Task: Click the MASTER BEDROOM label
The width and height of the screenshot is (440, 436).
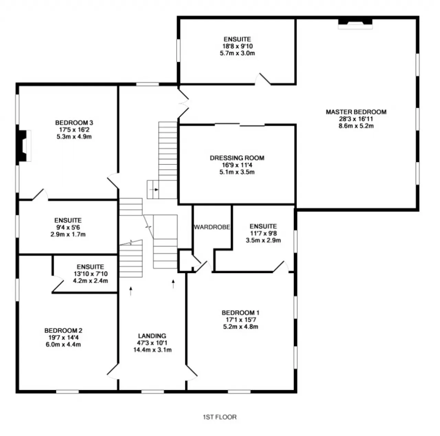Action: click(x=356, y=112)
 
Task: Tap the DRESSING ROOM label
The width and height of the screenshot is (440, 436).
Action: click(x=237, y=158)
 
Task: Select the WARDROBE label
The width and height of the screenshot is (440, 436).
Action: click(x=212, y=227)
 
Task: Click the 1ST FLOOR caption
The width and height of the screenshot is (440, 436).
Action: click(x=220, y=417)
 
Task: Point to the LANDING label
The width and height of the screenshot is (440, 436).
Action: click(x=152, y=336)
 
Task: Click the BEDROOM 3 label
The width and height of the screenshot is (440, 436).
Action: click(x=74, y=123)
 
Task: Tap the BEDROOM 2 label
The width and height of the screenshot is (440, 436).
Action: click(x=63, y=330)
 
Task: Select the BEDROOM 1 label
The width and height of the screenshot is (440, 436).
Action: click(x=240, y=313)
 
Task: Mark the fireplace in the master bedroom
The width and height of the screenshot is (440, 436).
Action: click(x=355, y=24)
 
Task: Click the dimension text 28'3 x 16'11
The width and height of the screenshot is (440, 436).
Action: click(x=356, y=119)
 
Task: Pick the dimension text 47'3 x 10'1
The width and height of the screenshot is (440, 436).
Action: click(x=152, y=343)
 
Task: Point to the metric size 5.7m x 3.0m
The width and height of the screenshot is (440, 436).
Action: click(x=237, y=53)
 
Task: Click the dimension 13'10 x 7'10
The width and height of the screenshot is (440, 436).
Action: click(x=90, y=274)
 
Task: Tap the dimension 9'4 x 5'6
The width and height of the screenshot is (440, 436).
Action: click(x=68, y=227)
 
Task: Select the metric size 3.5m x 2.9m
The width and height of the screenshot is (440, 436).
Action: click(x=263, y=240)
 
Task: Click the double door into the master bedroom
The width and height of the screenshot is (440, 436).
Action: click(x=184, y=103)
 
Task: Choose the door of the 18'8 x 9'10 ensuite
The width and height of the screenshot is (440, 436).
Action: click(x=263, y=79)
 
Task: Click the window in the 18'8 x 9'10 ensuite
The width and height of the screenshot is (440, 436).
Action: click(x=178, y=51)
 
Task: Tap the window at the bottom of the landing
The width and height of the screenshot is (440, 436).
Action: click(x=153, y=392)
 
